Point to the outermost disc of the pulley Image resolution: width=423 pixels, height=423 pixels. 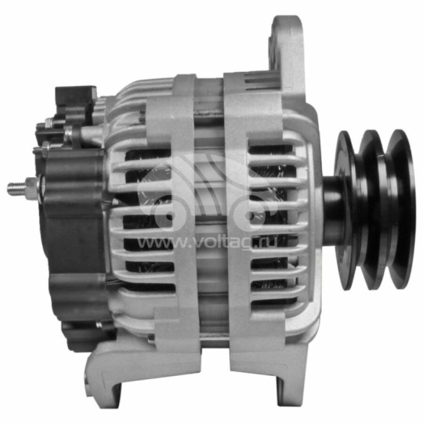(402, 208)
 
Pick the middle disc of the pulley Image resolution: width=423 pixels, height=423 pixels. (374, 208)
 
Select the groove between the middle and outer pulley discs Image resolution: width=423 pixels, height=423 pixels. (387, 210)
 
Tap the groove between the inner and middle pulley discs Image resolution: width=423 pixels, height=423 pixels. (360, 210)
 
